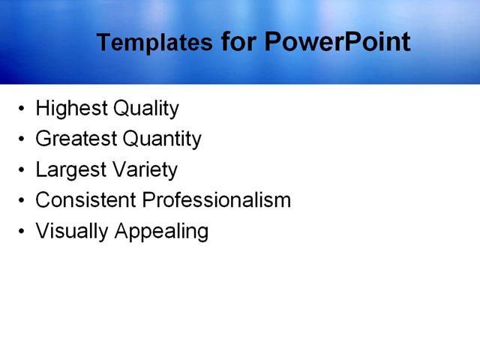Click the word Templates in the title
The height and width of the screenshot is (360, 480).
tap(154, 43)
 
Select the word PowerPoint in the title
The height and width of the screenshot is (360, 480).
tap(337, 42)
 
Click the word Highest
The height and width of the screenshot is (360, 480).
tap(71, 109)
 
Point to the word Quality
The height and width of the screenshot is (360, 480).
tap(145, 109)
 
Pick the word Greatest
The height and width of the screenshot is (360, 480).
tap(76, 139)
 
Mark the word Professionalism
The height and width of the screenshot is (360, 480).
tap(217, 200)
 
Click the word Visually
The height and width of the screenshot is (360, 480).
tap(72, 231)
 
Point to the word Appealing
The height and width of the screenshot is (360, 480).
tap(161, 231)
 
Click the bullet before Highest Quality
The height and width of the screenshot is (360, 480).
tap(21, 109)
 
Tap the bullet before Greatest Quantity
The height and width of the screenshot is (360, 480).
tap(21, 140)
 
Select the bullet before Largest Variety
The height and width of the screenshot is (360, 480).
tap(21, 170)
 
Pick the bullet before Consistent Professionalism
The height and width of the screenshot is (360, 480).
tap(21, 201)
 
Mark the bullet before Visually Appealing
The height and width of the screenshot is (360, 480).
tap(21, 232)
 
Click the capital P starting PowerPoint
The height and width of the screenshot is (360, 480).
tap(273, 42)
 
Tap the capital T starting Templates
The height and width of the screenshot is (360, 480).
tap(103, 43)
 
